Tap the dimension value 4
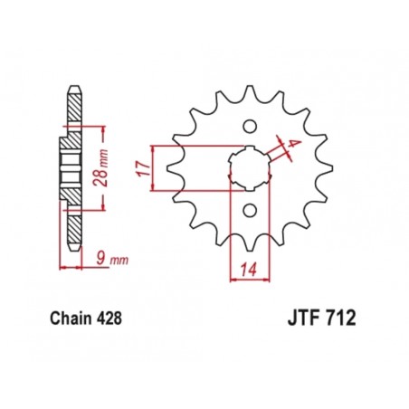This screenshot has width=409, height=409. [x=295, y=144]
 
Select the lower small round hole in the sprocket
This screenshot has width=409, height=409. [x=249, y=210]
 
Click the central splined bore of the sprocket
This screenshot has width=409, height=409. [x=249, y=167]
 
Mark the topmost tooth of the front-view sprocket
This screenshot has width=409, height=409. [x=249, y=88]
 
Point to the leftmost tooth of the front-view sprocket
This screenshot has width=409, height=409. [x=172, y=167]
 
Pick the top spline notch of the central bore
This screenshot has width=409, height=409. [x=249, y=147]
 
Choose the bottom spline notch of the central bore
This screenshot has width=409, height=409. [x=249, y=188]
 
